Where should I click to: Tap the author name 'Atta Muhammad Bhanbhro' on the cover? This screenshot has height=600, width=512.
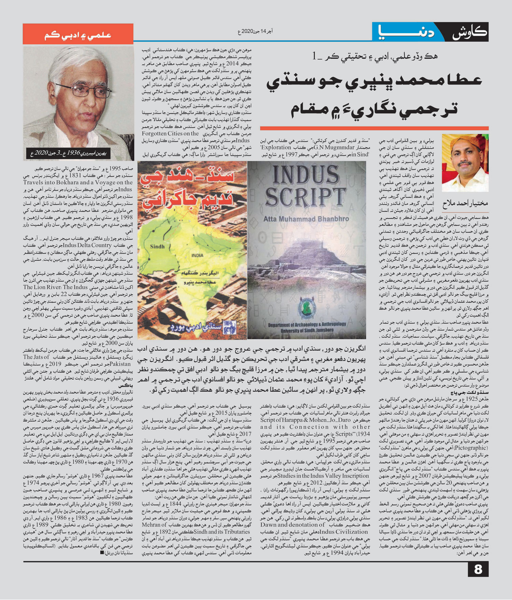306,219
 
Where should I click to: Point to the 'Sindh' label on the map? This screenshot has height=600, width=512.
157,246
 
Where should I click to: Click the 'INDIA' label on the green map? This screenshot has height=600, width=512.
197,255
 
